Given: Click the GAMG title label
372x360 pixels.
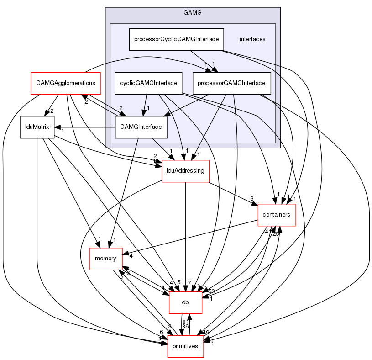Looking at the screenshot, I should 192,12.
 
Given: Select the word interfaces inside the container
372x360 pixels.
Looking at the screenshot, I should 252,39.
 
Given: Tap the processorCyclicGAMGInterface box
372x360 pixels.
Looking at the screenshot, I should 176,39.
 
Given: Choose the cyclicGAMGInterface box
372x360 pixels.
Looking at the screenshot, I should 148,83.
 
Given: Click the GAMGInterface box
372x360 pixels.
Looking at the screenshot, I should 141,127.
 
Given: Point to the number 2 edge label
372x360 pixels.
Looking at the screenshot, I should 121,108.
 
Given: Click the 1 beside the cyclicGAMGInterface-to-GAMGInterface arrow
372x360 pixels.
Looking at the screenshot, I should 148,108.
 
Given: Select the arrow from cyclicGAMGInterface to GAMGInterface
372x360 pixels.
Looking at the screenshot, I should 146,103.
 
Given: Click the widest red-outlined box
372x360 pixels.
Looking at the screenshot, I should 65,83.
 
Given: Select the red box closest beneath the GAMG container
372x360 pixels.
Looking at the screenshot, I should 185,171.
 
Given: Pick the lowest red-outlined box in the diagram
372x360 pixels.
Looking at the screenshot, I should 185,346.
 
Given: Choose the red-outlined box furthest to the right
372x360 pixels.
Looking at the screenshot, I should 277,215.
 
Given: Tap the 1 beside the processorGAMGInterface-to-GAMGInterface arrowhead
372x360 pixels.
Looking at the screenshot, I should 173,116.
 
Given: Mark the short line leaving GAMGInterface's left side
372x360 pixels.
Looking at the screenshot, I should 110,127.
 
